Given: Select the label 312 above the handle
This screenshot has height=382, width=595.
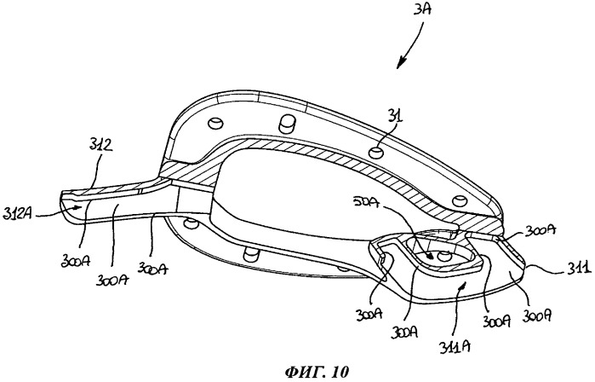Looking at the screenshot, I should point(99,147).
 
